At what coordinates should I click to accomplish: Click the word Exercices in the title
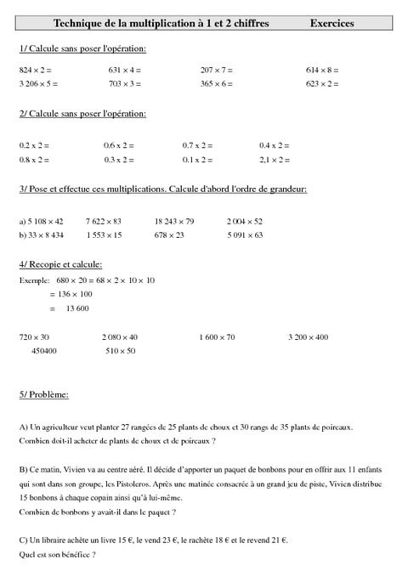(332, 25)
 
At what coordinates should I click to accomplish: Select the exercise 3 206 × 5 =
(39, 84)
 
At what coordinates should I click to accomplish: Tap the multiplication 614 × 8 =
(323, 69)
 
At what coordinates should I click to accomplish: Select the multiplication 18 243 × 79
(174, 221)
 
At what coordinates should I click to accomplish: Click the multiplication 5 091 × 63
(245, 235)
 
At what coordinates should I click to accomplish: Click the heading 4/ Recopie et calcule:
(60, 264)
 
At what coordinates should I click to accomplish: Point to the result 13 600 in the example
(77, 308)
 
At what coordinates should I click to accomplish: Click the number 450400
(44, 350)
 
